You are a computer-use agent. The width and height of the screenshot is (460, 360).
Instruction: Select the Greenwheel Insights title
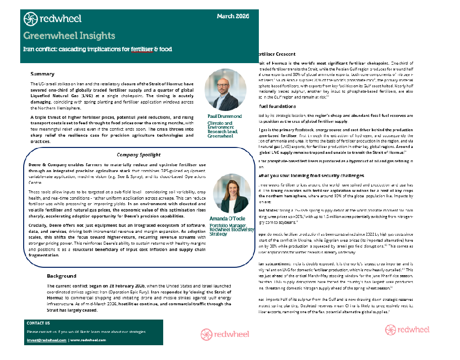pos(69,36)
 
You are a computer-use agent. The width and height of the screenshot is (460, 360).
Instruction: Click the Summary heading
pos(42,73)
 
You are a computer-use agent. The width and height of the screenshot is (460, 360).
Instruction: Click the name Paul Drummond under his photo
pos(224,116)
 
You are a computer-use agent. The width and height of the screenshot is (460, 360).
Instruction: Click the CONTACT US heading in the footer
pos(38,324)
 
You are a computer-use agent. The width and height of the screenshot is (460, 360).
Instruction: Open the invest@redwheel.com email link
pos(46,340)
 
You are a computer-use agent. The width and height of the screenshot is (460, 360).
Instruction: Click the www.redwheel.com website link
pos(88,340)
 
